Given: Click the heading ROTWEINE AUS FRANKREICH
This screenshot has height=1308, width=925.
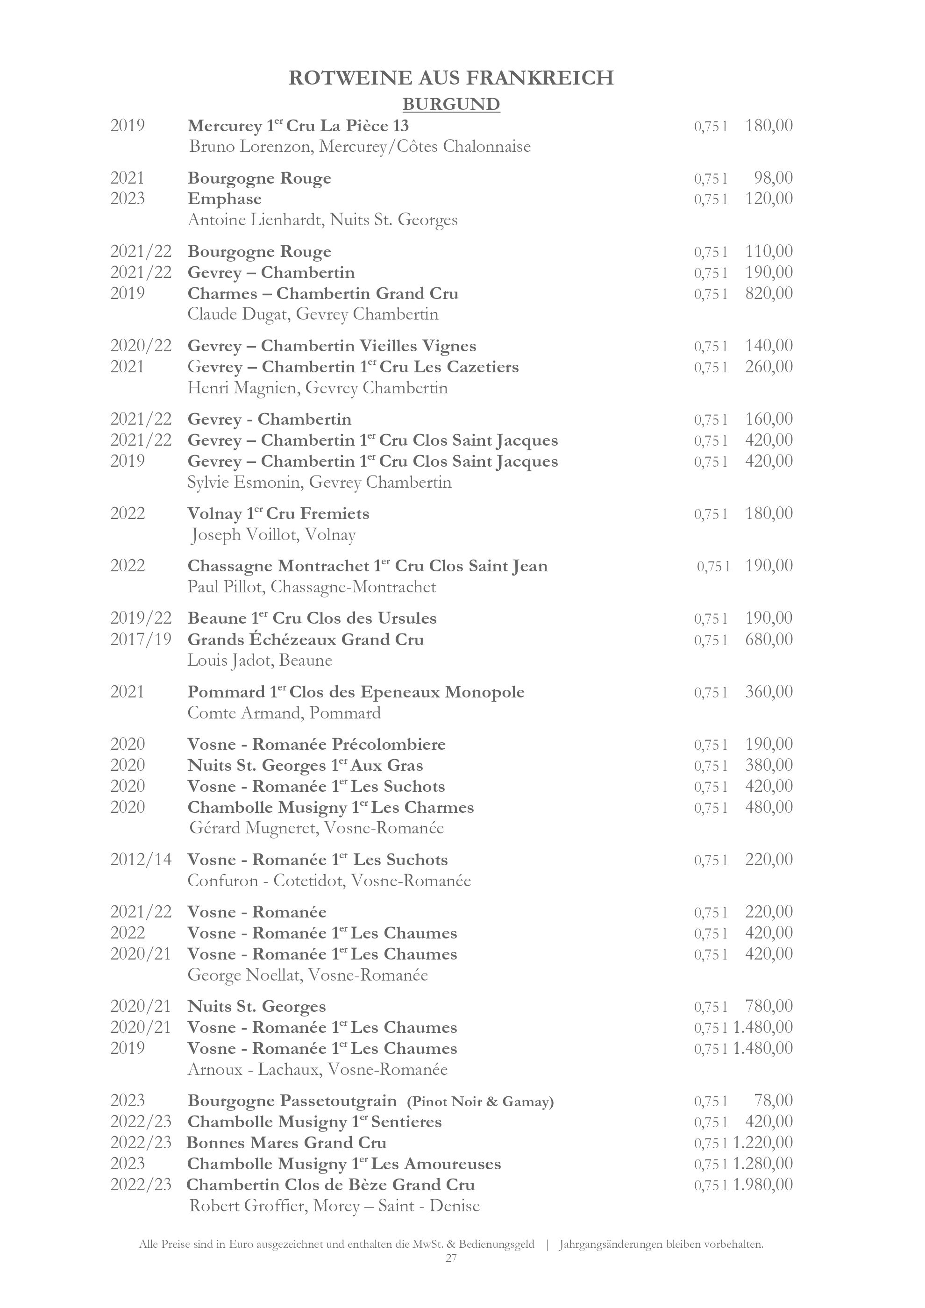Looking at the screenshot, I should click(451, 78).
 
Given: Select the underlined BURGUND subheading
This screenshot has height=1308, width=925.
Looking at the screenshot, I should click(451, 104).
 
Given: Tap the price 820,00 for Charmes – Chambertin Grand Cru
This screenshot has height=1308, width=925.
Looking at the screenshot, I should click(768, 293).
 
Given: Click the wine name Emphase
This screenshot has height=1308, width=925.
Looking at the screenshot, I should click(224, 199).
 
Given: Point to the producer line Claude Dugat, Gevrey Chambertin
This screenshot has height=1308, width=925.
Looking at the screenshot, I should click(313, 314).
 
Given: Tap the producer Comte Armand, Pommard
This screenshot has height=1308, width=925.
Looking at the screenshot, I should click(284, 713).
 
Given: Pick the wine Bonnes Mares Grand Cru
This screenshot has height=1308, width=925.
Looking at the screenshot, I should click(286, 1143).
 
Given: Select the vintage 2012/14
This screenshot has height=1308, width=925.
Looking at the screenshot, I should click(141, 860).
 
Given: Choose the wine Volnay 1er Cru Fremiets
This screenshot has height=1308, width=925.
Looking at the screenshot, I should click(278, 514).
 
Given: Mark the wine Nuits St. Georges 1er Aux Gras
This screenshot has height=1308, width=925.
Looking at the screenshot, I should click(305, 766).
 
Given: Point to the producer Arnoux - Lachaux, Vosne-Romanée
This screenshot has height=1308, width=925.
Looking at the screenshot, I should click(317, 1070).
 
